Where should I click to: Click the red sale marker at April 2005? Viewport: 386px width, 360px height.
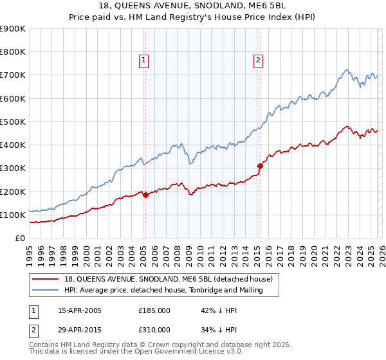coord(145,195)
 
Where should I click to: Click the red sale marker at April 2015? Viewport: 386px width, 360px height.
coord(261,166)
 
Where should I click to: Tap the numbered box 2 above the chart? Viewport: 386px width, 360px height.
coord(258,61)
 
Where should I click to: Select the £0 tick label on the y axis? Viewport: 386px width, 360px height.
coord(19,238)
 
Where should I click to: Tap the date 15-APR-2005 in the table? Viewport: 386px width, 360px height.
coord(80,310)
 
